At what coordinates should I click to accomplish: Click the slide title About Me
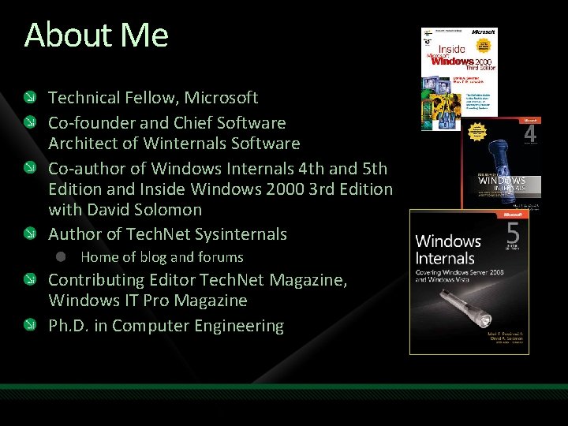pyautogui.click(x=96, y=35)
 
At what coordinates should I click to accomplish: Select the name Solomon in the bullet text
pyautogui.click(x=170, y=210)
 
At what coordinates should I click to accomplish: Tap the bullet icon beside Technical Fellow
pyautogui.click(x=30, y=99)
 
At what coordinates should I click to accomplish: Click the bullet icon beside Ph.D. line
pyautogui.click(x=30, y=326)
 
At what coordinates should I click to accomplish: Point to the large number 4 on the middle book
pyautogui.click(x=530, y=135)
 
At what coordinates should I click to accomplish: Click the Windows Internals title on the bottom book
pyautogui.click(x=447, y=249)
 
